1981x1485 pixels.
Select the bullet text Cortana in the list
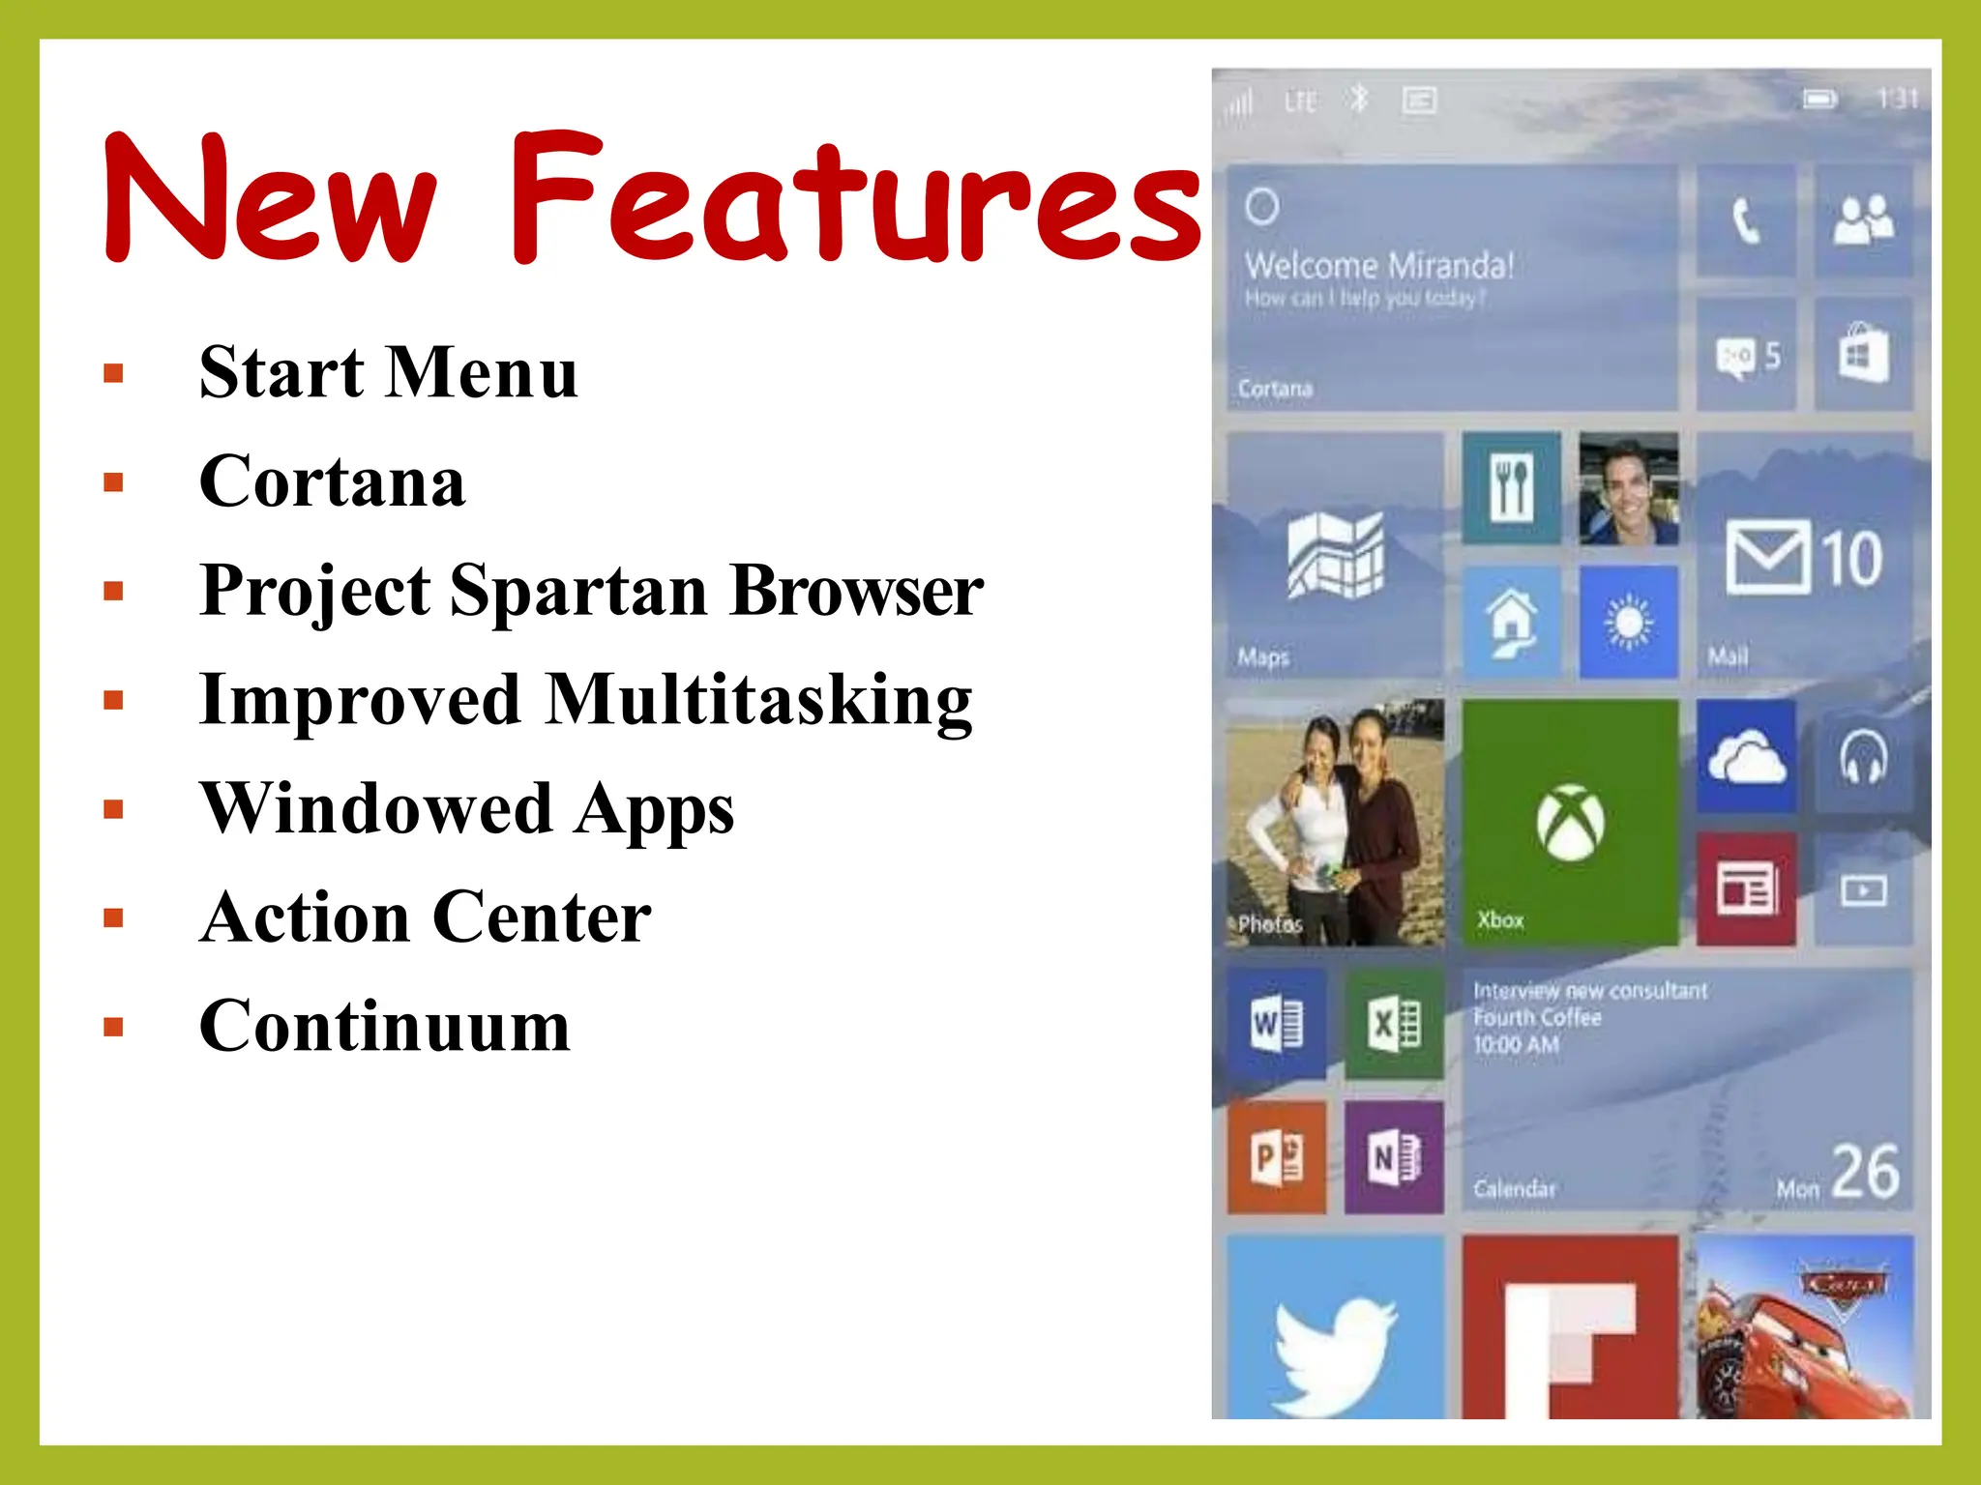click(x=332, y=480)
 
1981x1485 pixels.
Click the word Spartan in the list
click(x=578, y=590)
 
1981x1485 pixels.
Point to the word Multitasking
click(x=758, y=700)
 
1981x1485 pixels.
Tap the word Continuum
click(x=384, y=1026)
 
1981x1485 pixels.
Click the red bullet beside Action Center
click(x=114, y=917)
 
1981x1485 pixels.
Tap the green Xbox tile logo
click(x=1570, y=822)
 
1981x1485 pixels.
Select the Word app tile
click(x=1277, y=1024)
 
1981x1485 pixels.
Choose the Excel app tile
click(x=1394, y=1024)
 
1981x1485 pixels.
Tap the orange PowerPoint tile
click(x=1277, y=1156)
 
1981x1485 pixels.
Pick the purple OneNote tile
click(x=1394, y=1156)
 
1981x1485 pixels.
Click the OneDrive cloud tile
click(x=1746, y=756)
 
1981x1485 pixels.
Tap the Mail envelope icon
click(x=1767, y=557)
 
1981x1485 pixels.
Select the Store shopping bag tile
click(x=1863, y=354)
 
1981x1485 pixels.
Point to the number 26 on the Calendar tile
click(x=1865, y=1172)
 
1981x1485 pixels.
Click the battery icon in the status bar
click(x=1818, y=100)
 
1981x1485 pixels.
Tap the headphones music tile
click(x=1863, y=756)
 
